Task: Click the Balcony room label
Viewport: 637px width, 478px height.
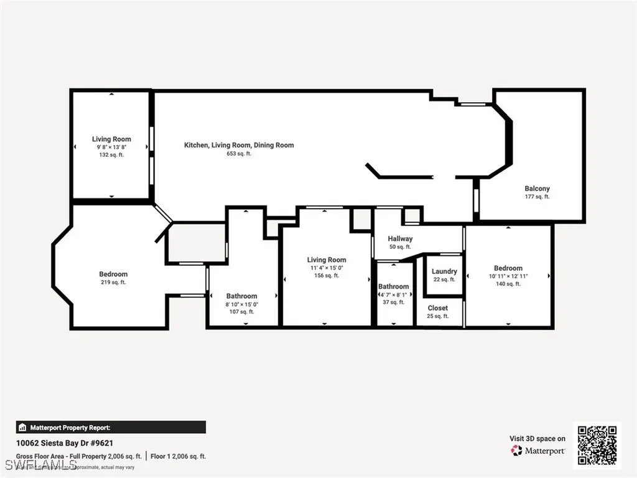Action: point(537,189)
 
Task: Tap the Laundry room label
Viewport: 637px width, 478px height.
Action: point(444,271)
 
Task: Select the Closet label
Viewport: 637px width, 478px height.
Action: point(437,308)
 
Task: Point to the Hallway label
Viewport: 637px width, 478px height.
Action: point(400,238)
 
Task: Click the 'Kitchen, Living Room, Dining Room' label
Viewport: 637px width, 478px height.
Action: point(239,145)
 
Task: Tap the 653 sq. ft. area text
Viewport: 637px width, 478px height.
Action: point(239,154)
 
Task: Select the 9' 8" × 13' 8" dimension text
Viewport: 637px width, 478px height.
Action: point(111,147)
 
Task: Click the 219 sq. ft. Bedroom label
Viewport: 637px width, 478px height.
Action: point(113,274)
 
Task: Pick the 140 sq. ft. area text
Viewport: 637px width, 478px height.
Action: point(508,284)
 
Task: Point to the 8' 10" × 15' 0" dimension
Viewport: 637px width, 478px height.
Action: point(241,304)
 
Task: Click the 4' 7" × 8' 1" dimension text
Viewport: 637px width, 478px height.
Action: point(394,294)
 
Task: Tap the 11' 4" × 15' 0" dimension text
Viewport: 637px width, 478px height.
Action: point(327,268)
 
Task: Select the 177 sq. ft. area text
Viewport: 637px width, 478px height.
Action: point(537,197)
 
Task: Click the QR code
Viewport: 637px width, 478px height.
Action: point(596,445)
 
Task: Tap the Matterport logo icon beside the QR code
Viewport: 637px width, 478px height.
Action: point(516,451)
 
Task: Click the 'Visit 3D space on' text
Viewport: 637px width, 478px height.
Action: point(537,439)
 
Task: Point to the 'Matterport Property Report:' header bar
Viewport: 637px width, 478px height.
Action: point(111,428)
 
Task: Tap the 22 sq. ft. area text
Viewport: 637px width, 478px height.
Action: point(444,279)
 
